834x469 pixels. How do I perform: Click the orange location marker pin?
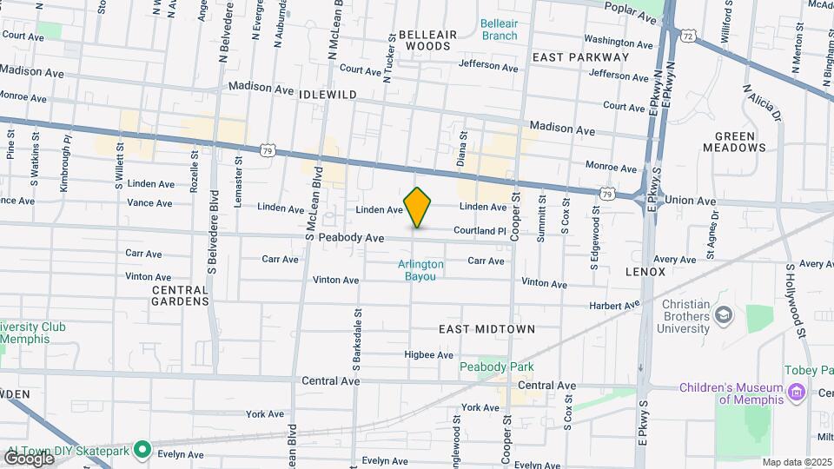point(418,207)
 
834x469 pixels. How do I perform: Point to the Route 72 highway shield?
point(688,36)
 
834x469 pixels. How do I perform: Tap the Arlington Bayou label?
point(421,270)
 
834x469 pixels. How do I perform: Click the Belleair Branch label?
point(499,30)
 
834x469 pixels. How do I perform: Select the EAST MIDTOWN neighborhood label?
point(486,330)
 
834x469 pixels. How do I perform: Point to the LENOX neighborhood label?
point(645,272)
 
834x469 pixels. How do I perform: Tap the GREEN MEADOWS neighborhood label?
point(740,142)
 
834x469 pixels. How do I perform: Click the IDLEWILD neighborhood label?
point(328,94)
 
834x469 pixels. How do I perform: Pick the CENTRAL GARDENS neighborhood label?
point(181,295)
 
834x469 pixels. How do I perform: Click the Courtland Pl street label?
point(479,231)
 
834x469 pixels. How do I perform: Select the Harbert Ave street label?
point(613,306)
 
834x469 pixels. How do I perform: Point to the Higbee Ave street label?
point(429,354)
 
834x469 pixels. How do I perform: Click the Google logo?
point(30,458)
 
